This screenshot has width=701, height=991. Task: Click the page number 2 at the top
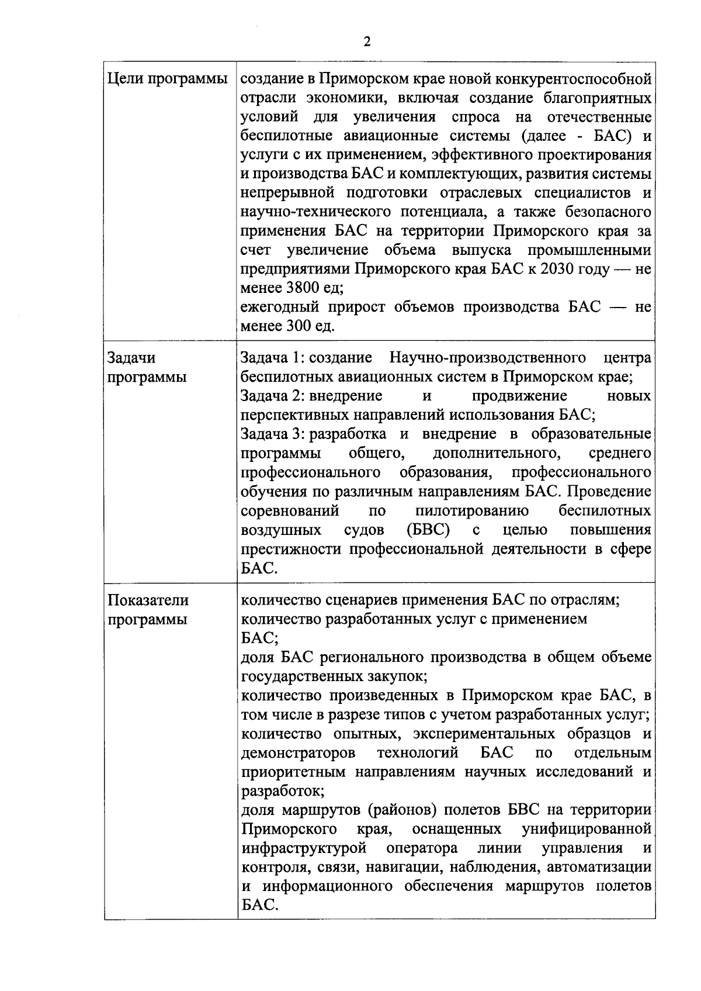[x=366, y=42]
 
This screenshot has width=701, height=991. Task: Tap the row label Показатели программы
[x=148, y=609]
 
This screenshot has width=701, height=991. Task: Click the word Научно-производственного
[x=488, y=357]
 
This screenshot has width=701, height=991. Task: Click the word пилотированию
[x=472, y=510]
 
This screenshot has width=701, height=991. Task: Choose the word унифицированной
[x=586, y=828]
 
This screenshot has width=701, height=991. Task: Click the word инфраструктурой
[x=304, y=848]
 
